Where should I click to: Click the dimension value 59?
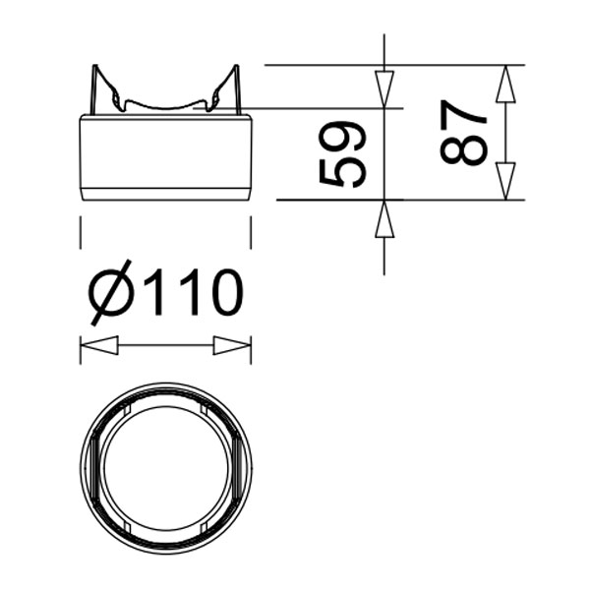[x=343, y=154]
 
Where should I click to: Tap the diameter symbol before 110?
[x=110, y=294]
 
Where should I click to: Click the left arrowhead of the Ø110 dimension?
[x=98, y=346]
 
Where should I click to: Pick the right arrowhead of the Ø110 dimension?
[x=232, y=346]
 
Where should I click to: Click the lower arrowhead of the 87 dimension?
[x=504, y=181]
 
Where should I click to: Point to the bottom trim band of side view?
[x=165, y=193]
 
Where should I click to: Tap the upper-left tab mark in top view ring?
[x=128, y=407]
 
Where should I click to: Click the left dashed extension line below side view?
[x=80, y=233]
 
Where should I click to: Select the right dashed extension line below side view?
[x=251, y=233]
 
